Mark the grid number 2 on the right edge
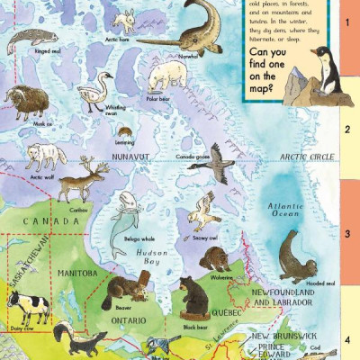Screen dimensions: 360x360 point(346,129)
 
